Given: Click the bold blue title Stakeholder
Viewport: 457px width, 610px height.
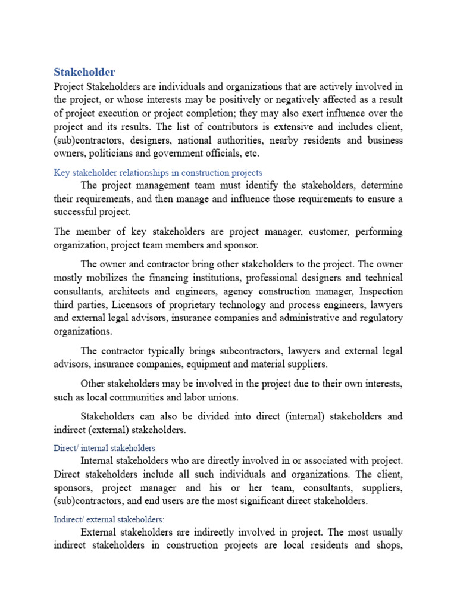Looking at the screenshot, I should click(x=84, y=72).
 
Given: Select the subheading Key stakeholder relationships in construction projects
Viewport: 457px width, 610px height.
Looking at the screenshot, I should click(x=158, y=173).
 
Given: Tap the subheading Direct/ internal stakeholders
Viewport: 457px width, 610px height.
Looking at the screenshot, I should click(x=104, y=447).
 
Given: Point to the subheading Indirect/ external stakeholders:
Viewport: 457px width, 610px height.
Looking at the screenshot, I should click(x=109, y=519).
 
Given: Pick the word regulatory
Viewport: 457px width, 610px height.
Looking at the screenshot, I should click(x=380, y=318).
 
